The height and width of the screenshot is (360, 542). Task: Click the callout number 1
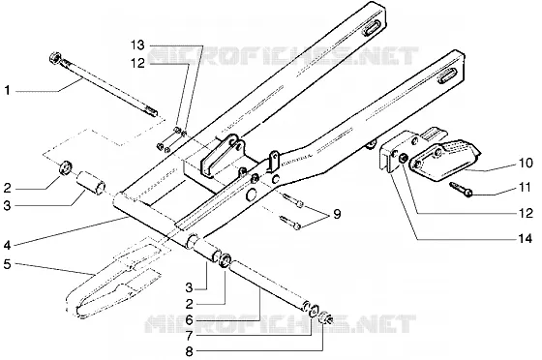pyautogui.click(x=8, y=91)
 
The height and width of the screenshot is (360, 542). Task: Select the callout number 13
pyautogui.click(x=137, y=45)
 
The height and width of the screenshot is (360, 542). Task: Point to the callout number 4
pyautogui.click(x=8, y=246)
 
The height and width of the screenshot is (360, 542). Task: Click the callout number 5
pyautogui.click(x=8, y=264)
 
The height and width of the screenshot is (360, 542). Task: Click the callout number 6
pyautogui.click(x=189, y=320)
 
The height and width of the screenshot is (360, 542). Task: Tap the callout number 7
pyautogui.click(x=189, y=335)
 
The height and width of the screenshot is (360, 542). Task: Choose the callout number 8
pyautogui.click(x=189, y=352)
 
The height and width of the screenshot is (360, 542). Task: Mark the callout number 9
pyautogui.click(x=337, y=214)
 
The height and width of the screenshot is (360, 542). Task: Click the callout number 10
pyautogui.click(x=526, y=163)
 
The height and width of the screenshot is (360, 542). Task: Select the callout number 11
pyautogui.click(x=525, y=188)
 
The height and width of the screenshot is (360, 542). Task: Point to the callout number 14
pyautogui.click(x=525, y=238)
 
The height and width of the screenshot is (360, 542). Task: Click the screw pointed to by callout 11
pyautogui.click(x=461, y=190)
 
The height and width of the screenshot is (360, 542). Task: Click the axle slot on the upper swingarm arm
pyautogui.click(x=371, y=27)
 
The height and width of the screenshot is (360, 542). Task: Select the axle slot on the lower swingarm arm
pyautogui.click(x=448, y=75)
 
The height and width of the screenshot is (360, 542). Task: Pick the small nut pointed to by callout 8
pyautogui.click(x=325, y=318)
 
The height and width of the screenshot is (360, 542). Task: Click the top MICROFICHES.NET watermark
pyautogui.click(x=284, y=55)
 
